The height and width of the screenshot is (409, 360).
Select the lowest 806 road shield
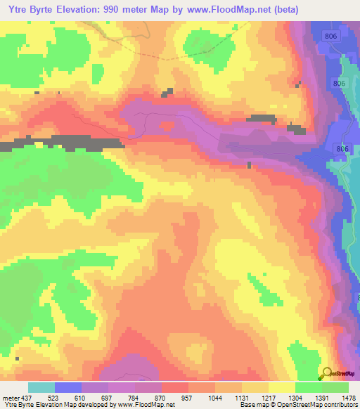point(343,148)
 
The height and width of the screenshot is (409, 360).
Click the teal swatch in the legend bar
point(41,387)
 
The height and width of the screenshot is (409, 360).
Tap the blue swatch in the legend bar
point(68,387)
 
